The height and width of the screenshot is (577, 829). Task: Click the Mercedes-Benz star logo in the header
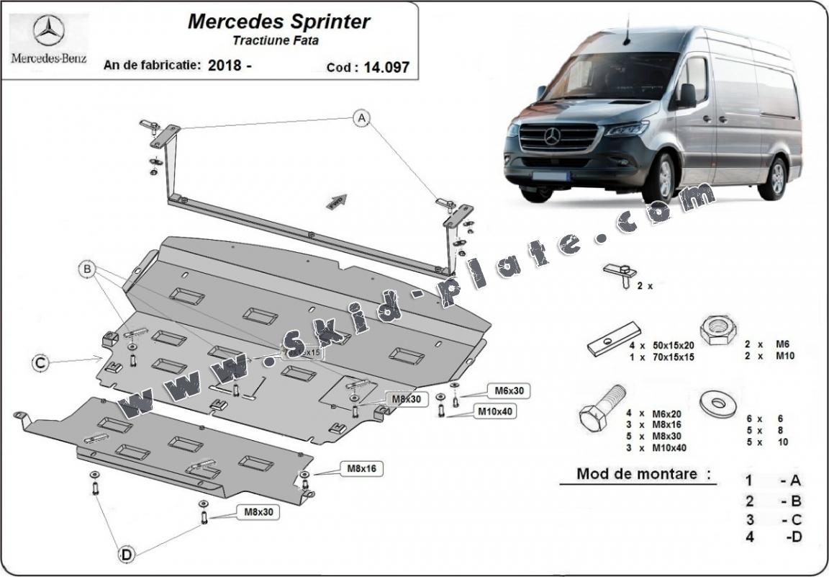(x=48, y=31)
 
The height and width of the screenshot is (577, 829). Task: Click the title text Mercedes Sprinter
(x=279, y=21)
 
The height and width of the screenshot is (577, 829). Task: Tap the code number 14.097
(x=386, y=67)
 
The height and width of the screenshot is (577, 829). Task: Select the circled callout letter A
(x=362, y=118)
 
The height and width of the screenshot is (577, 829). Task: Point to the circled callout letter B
(x=88, y=270)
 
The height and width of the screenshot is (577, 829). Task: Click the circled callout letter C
(x=41, y=364)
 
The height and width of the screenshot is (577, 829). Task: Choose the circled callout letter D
(x=126, y=554)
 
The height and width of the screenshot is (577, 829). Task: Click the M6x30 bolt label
(x=508, y=390)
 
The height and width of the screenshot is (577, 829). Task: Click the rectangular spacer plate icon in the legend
(x=613, y=338)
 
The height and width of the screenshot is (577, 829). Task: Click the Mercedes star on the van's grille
(x=552, y=135)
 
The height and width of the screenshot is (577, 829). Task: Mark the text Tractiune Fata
(x=276, y=41)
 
